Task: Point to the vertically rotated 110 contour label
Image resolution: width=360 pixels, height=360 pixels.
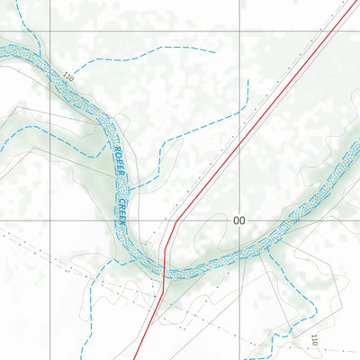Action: click(x=314, y=340)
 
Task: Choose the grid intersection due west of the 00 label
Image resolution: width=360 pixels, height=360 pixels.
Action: click(x=49, y=220)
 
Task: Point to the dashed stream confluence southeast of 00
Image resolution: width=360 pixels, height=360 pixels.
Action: click(x=267, y=255)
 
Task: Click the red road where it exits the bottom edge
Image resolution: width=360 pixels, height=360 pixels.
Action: click(x=140, y=358)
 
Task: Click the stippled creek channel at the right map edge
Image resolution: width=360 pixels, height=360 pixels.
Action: click(x=356, y=146)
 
